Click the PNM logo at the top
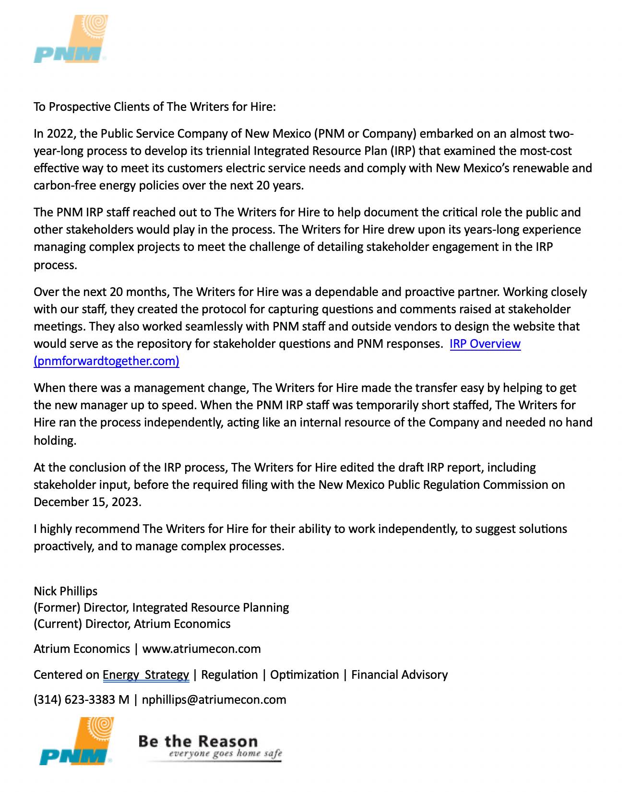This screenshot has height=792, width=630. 71,39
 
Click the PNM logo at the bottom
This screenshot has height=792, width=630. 76,741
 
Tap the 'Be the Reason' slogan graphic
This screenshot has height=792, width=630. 210,747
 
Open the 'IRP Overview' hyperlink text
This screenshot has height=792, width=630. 485,344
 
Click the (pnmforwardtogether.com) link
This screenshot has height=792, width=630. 106,361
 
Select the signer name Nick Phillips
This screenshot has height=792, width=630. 65,591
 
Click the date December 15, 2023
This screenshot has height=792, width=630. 87,502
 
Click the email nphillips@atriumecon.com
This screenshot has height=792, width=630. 214,700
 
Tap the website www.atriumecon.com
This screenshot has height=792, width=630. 202,649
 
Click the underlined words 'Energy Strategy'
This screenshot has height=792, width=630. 146,675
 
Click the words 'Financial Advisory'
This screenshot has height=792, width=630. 399,675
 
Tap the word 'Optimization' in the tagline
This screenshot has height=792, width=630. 304,675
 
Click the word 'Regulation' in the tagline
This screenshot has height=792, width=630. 229,675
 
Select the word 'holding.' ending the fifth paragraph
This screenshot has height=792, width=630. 55,441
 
